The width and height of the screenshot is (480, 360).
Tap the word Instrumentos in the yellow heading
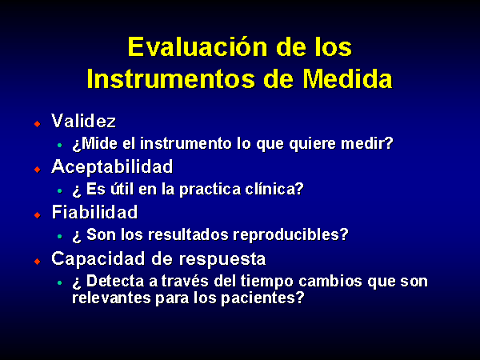tap(170, 78)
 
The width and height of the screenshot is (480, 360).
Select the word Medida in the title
tap(348, 78)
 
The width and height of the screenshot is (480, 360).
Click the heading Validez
tap(83, 121)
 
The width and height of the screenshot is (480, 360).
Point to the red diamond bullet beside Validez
tap(38, 124)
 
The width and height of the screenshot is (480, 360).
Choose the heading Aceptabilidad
tap(112, 167)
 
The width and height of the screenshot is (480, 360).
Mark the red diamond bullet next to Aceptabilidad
tap(38, 170)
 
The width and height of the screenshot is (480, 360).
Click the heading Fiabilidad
tap(95, 212)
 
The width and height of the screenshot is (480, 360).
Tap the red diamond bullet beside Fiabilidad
tap(38, 215)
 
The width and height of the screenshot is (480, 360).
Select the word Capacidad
tap(98, 259)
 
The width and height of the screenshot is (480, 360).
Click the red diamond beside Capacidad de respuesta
tap(38, 261)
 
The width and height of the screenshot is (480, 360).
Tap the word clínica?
tap(274, 189)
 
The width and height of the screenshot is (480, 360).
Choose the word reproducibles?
tap(291, 235)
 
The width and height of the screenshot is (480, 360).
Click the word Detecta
tap(115, 281)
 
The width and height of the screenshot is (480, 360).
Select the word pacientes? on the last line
tap(262, 298)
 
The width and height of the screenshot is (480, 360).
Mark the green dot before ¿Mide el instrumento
tap(60, 145)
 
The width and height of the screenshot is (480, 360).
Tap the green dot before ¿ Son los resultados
tap(60, 236)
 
